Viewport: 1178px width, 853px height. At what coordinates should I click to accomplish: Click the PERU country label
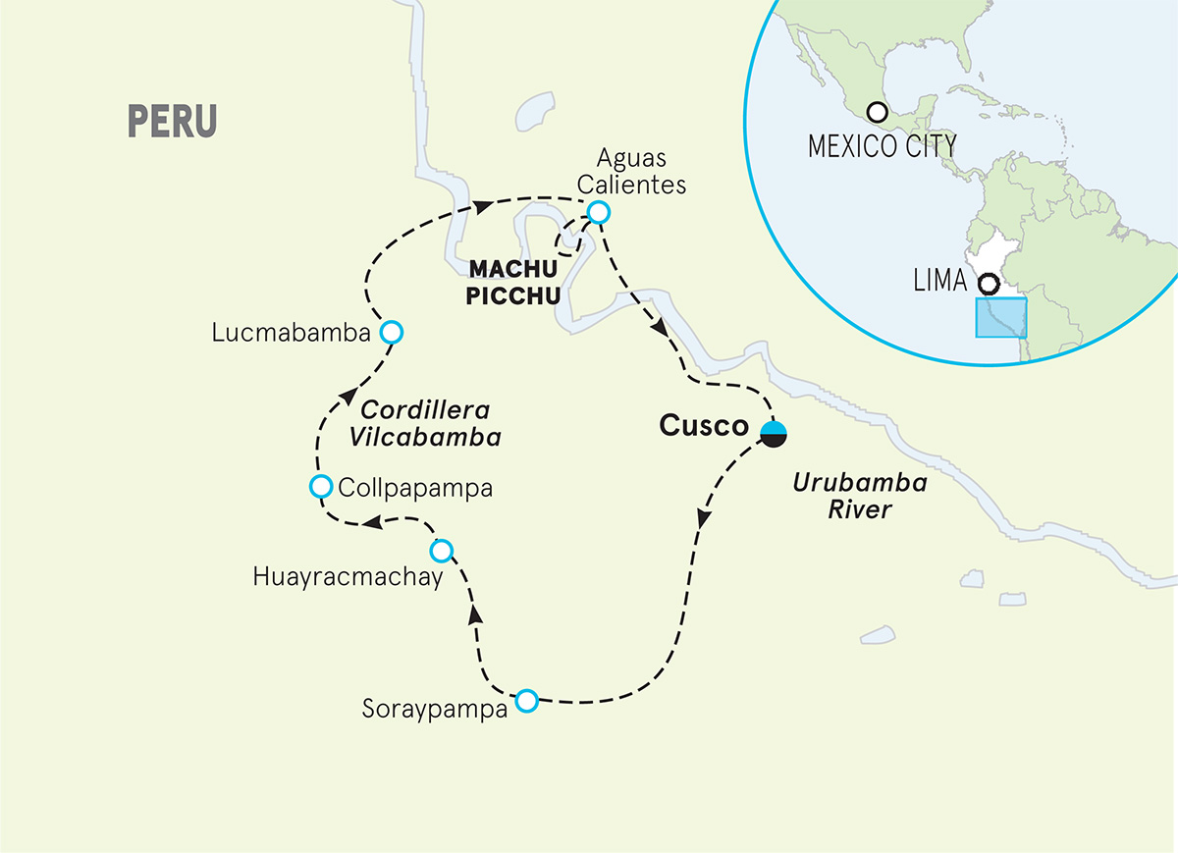(x=172, y=120)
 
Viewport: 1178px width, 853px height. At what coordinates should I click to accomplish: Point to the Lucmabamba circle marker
(x=391, y=332)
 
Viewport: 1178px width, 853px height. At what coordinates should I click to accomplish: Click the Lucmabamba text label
(x=290, y=334)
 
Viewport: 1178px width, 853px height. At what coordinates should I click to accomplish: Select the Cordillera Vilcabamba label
(x=425, y=423)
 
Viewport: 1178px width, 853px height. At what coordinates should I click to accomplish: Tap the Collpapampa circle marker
(x=320, y=486)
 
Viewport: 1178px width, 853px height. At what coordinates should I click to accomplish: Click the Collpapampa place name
(x=412, y=487)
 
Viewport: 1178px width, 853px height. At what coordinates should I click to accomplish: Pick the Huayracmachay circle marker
(x=442, y=549)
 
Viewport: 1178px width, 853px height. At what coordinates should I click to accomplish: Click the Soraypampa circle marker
(x=527, y=700)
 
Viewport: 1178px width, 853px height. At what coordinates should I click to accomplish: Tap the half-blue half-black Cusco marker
(x=774, y=432)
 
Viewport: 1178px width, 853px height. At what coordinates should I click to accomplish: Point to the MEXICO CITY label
(x=881, y=146)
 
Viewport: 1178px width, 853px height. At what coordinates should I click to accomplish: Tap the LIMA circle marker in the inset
(x=989, y=284)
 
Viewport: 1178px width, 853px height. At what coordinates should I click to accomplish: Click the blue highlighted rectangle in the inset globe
(x=1000, y=318)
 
